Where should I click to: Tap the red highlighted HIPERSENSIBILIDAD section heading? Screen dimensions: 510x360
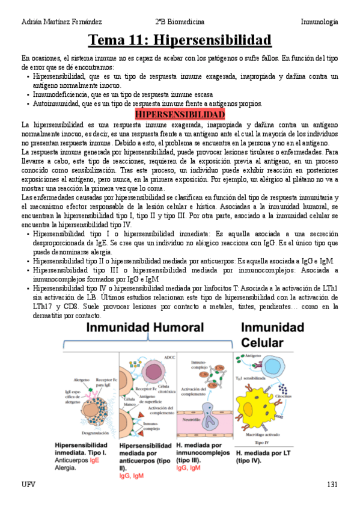pyautogui.click(x=180, y=114)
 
